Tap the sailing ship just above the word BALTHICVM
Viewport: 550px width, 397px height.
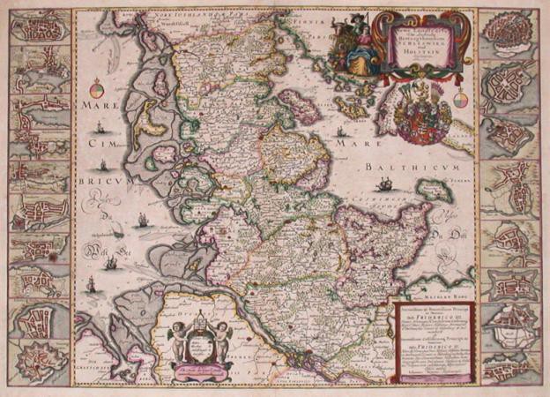tap(384, 184)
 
